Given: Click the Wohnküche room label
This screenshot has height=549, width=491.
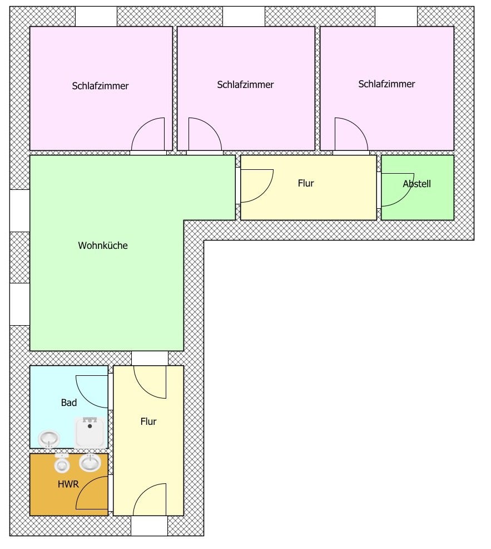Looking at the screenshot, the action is (x=103, y=246).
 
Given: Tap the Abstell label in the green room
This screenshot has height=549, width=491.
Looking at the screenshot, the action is (x=416, y=184).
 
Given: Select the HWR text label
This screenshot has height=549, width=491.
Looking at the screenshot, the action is (x=68, y=484).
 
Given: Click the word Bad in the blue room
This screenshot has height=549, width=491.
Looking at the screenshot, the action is (x=69, y=403).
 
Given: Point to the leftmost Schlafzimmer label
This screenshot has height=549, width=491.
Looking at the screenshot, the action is (x=100, y=86).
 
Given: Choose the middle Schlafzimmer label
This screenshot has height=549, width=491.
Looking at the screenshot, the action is (x=245, y=85).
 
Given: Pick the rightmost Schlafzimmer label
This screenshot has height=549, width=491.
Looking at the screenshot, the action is (x=386, y=84).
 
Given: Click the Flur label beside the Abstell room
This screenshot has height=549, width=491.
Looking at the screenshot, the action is (x=306, y=183).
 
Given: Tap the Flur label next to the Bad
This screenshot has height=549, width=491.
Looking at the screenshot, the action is (x=148, y=421).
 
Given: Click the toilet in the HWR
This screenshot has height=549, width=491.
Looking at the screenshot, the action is (x=62, y=462).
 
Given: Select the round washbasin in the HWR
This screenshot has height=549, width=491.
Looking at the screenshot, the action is (x=90, y=462).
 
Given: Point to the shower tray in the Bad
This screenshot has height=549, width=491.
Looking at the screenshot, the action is (x=90, y=433).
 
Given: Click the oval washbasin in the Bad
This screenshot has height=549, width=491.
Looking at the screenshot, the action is (x=49, y=439).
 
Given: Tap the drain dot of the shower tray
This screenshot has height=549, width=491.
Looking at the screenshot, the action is (x=90, y=426).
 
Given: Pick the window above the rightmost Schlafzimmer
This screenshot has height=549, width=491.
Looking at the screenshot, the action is (x=396, y=17).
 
